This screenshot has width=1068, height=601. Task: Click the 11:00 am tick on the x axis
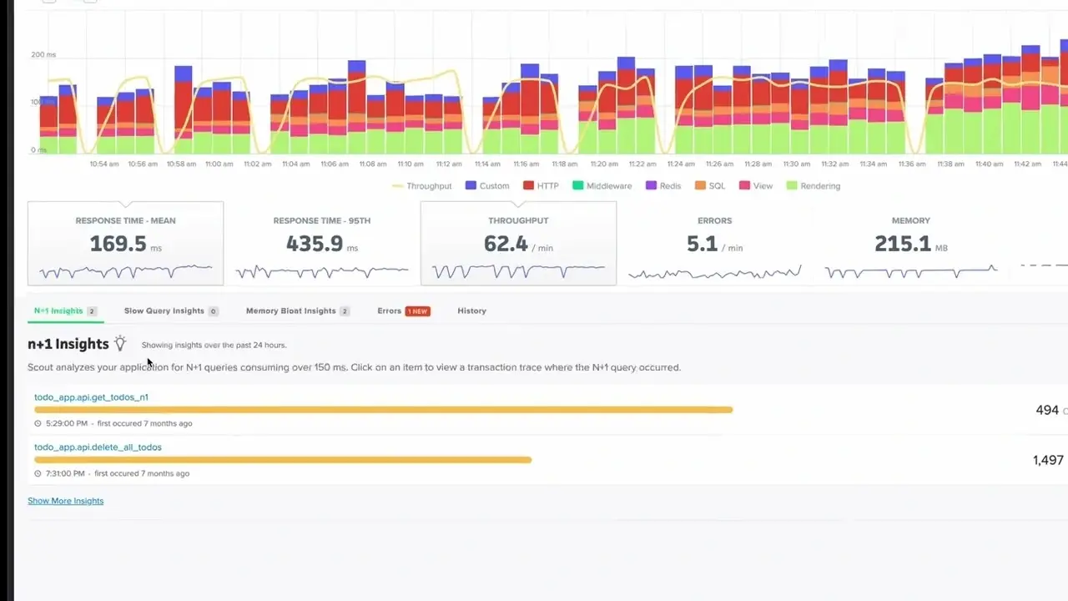click(219, 164)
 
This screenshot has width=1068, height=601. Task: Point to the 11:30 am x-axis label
click(796, 164)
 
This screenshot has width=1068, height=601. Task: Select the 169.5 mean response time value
click(118, 244)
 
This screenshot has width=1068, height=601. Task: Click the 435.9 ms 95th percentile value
click(315, 244)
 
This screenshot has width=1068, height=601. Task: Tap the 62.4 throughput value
click(506, 244)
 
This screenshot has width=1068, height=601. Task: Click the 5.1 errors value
click(702, 244)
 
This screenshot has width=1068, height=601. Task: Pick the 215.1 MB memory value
click(902, 244)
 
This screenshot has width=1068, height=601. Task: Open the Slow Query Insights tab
click(164, 311)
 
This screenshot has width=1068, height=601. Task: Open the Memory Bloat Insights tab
click(290, 311)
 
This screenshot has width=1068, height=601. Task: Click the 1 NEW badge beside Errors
click(417, 311)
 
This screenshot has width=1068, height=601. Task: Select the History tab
click(471, 311)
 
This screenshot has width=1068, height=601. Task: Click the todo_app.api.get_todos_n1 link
click(91, 397)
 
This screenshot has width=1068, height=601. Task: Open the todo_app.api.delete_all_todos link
click(98, 447)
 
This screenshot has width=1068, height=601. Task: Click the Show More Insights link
click(65, 501)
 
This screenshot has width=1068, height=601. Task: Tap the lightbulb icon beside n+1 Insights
click(120, 343)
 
